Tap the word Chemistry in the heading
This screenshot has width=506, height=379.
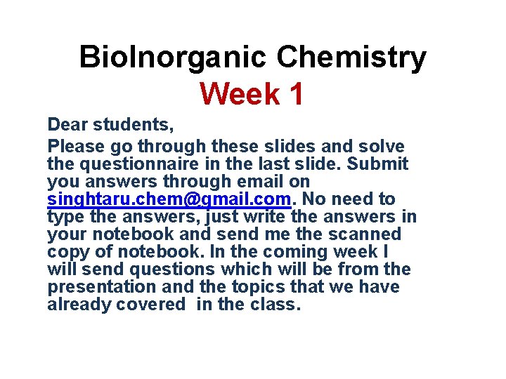(x=351, y=58)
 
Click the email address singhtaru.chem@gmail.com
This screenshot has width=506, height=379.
(x=169, y=200)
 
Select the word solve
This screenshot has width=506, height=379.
(x=380, y=147)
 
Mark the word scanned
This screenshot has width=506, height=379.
(x=368, y=234)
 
